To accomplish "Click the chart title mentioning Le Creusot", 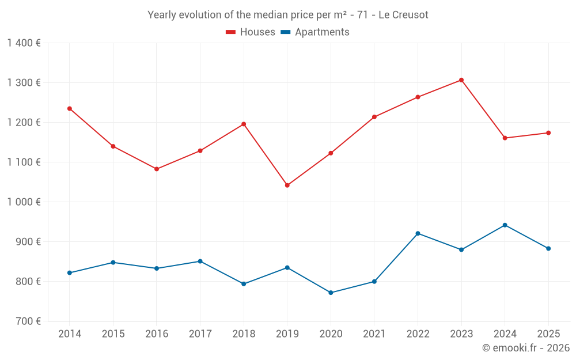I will [x=287, y=15].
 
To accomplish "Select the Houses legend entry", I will [x=251, y=32].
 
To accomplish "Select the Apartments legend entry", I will [x=315, y=32].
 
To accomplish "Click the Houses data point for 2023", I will [x=461, y=80].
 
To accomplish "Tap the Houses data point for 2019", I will [x=287, y=185].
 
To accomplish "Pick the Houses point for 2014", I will [x=70, y=108].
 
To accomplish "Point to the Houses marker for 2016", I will [x=157, y=169].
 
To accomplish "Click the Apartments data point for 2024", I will [x=505, y=225].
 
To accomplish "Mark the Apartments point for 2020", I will [x=331, y=293].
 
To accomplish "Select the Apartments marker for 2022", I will [x=418, y=233].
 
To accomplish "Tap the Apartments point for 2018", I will [x=244, y=284].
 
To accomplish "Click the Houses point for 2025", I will [x=548, y=133].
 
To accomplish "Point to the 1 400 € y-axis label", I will [x=24, y=43].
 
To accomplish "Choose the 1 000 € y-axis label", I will [x=24, y=202].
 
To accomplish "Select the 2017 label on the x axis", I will [x=200, y=334].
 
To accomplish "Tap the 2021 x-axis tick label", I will [x=374, y=334].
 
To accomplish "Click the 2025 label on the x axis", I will [x=548, y=334].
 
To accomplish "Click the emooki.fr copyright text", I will [x=525, y=348].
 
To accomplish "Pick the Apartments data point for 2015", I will [x=113, y=262].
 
